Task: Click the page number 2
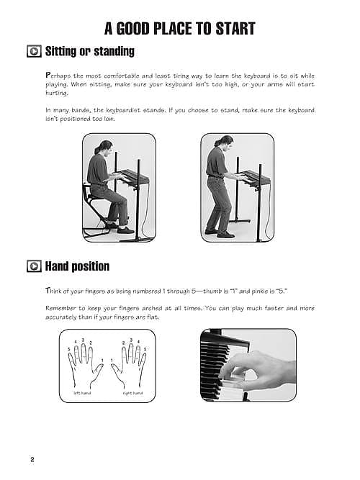pos(32,460)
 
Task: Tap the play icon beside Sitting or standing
pos(33,52)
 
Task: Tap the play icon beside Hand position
pos(33,266)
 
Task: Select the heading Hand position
pos(77,266)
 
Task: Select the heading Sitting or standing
pos(89,52)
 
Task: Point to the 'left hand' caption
pos(82,393)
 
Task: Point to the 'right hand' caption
pos(132,393)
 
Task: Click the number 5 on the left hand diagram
pos(70,349)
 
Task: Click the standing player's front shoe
pos(226,233)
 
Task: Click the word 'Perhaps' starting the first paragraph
pos(58,76)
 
